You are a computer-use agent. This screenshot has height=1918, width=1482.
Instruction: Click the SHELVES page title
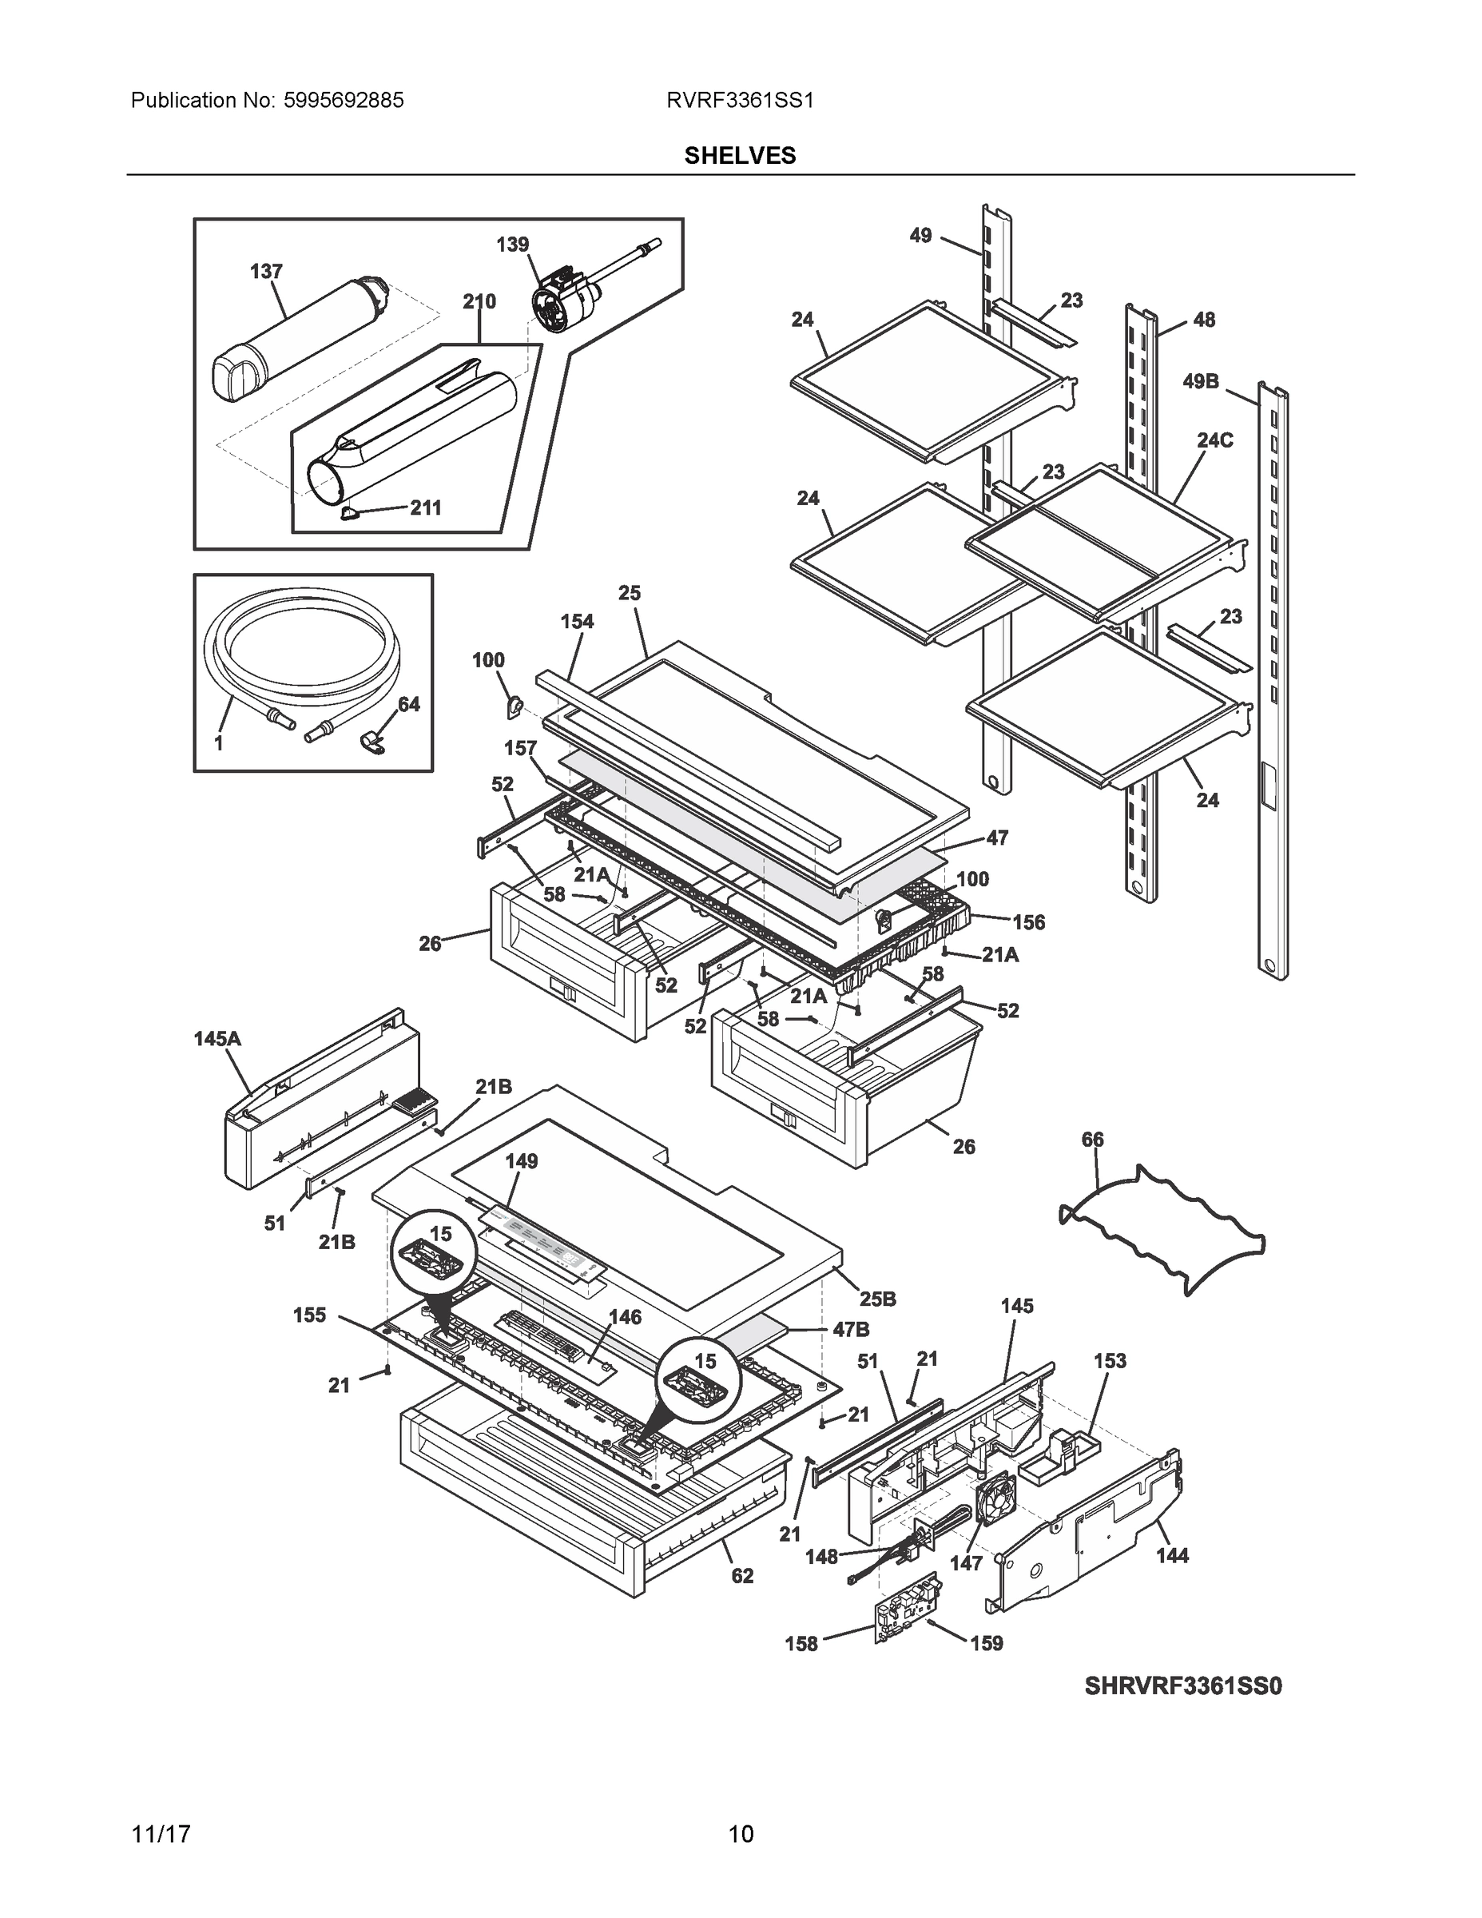(x=740, y=156)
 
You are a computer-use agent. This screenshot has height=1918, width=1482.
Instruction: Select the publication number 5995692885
(x=344, y=101)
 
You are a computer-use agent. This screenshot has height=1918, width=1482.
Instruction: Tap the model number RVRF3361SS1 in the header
(x=740, y=101)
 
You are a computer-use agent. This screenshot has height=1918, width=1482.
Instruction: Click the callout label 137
(x=266, y=272)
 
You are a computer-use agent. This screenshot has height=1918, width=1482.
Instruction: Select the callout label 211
(x=426, y=507)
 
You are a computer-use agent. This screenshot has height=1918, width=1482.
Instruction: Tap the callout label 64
(x=409, y=704)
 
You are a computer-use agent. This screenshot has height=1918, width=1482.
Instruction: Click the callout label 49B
(x=1200, y=381)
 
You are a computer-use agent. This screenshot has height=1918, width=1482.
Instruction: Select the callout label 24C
(x=1215, y=440)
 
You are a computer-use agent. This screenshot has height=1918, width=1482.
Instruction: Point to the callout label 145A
(x=217, y=1039)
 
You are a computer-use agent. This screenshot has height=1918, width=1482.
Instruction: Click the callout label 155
(x=309, y=1315)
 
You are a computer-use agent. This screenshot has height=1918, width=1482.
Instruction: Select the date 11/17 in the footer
(x=161, y=1834)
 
